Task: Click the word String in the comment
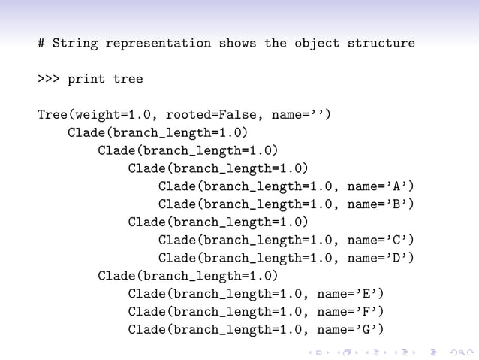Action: pos(75,44)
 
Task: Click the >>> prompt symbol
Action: pos(49,79)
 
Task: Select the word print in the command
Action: pos(86,79)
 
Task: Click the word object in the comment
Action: pos(316,44)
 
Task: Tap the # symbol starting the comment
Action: pos(41,44)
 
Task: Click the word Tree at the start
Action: pos(53,115)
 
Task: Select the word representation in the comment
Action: pos(158,44)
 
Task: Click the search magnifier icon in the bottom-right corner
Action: pos(451,352)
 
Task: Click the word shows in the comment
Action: pos(237,44)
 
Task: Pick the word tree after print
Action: pos(128,79)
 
